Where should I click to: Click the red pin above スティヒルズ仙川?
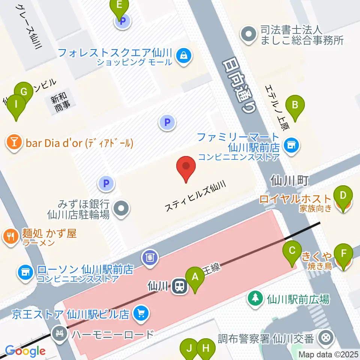pos(186,169)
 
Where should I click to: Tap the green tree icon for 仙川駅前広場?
pos(255,298)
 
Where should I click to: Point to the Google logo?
pos(25,351)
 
